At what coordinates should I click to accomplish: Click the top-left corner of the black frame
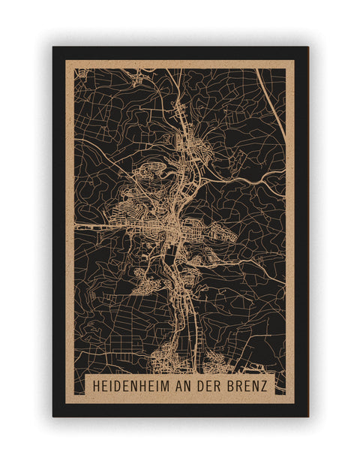click(53, 47)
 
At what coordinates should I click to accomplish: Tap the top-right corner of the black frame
click(307, 47)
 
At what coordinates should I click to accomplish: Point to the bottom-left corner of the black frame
click(53, 416)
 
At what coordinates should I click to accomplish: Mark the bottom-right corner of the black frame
click(307, 416)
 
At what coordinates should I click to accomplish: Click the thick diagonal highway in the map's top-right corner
click(270, 98)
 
